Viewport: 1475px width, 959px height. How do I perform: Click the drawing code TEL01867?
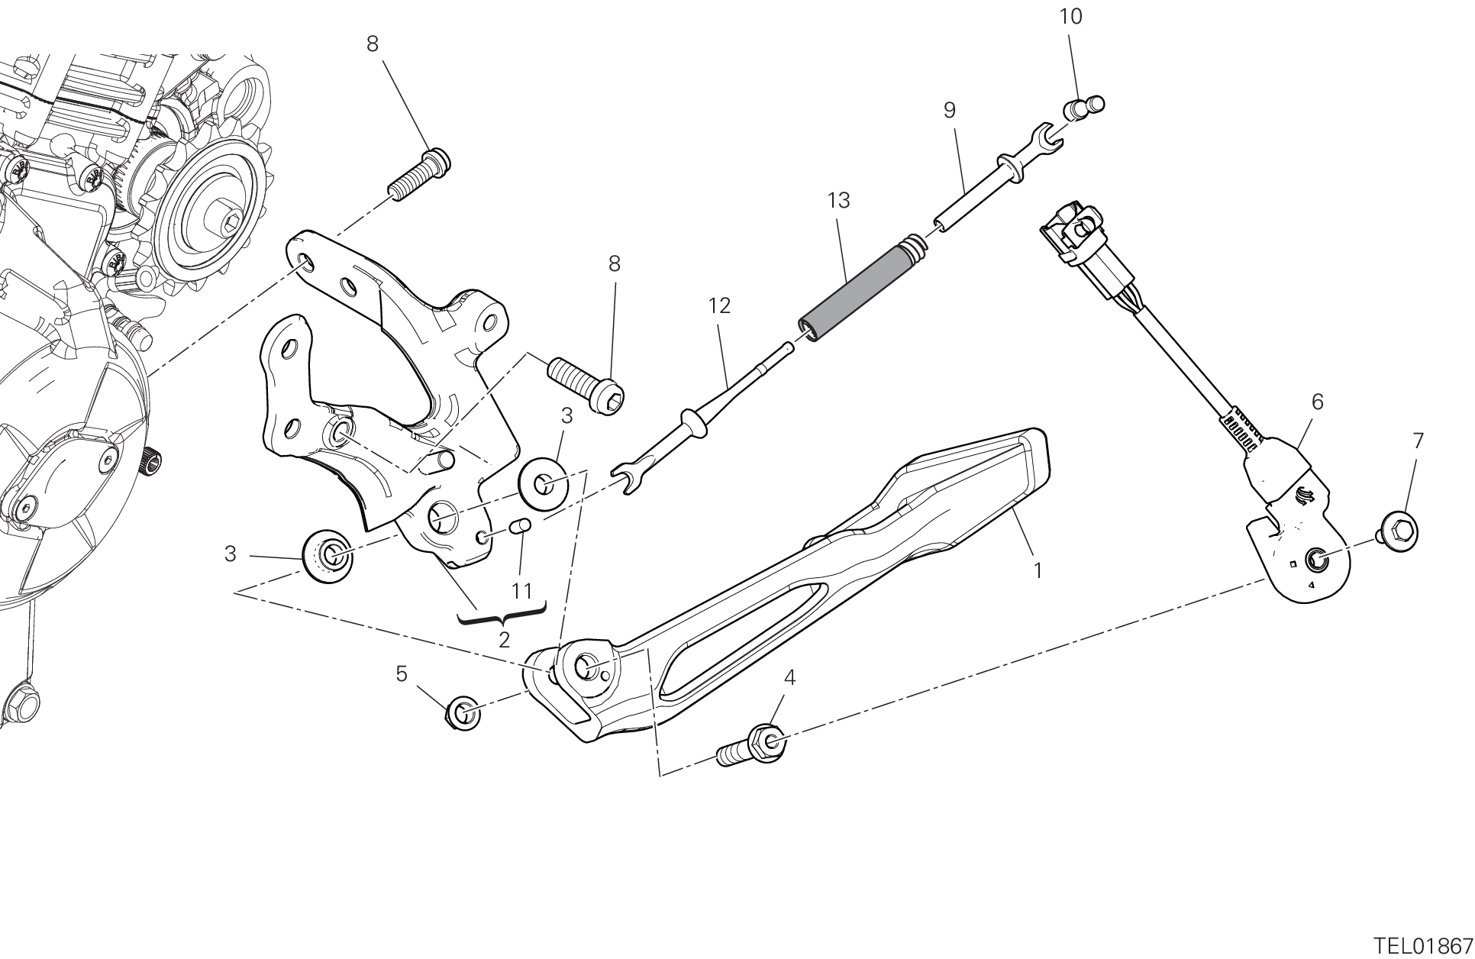click(1422, 944)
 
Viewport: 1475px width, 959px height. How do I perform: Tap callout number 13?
click(838, 201)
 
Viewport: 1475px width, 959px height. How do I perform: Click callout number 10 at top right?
click(1071, 17)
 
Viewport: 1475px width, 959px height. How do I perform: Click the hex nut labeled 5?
click(463, 713)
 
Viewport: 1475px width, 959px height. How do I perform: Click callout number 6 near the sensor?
click(1317, 402)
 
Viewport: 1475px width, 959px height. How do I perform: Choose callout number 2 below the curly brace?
click(504, 640)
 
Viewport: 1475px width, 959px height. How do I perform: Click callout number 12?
click(719, 306)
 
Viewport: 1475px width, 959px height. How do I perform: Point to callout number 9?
click(949, 111)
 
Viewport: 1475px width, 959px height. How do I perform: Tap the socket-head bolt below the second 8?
click(586, 381)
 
